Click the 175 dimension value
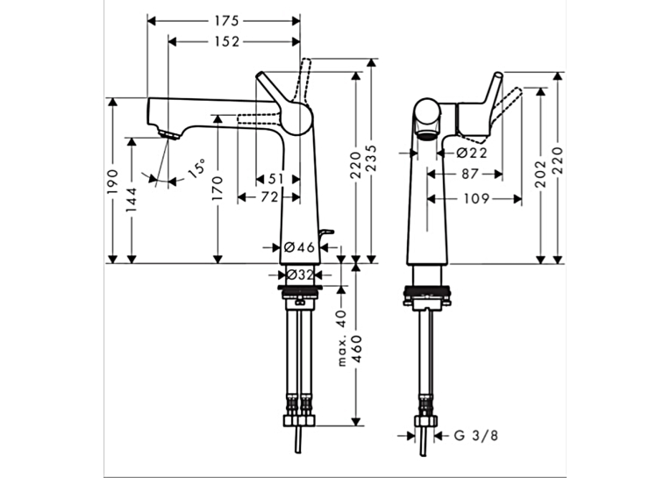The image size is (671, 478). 226,20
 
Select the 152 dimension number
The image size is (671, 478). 227,41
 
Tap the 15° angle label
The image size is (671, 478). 196,168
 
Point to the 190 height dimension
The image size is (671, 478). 112,181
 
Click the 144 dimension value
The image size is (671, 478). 132,200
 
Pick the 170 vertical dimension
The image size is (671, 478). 218,189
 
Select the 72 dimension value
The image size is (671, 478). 269,197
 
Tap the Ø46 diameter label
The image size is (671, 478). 299,247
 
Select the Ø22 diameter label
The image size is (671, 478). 472,153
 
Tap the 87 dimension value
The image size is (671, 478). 470,175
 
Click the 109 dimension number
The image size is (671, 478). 476,198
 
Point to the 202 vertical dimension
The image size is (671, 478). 541,175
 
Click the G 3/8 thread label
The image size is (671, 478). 476,436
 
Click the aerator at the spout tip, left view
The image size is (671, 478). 169,135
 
